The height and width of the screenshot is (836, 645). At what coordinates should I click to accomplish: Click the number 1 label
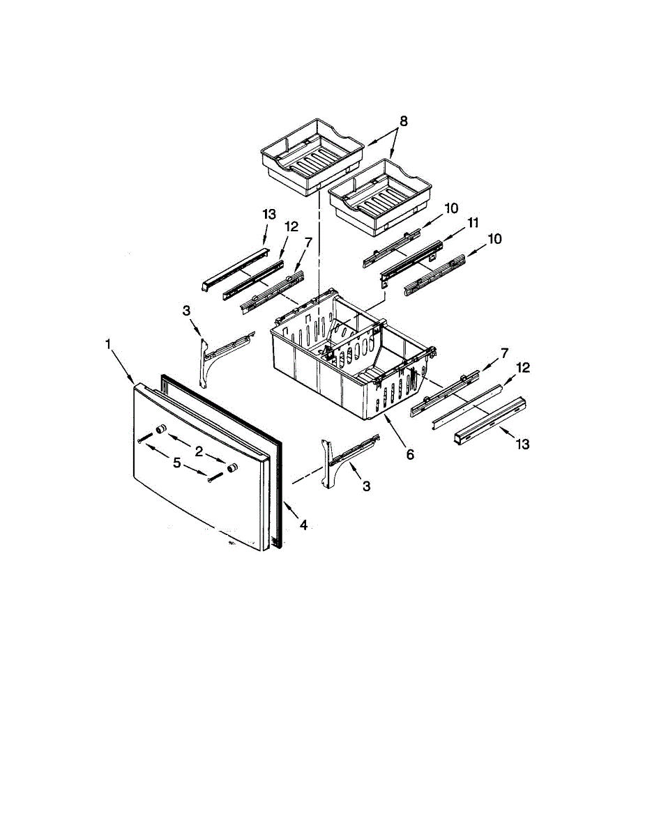[x=109, y=343]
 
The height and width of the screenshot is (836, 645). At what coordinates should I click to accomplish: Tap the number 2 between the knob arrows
[x=199, y=451]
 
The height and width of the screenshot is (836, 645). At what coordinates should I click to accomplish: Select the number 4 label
[x=303, y=525]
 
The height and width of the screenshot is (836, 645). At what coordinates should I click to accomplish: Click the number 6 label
[x=410, y=454]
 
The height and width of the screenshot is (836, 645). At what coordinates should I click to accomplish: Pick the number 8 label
[x=404, y=121]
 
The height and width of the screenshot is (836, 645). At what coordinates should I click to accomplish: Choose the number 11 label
[x=473, y=223]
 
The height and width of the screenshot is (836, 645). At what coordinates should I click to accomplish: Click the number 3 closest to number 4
[x=366, y=486]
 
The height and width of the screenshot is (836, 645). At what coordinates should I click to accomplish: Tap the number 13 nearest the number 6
[x=522, y=443]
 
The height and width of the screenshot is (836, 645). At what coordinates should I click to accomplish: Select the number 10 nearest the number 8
[x=450, y=208]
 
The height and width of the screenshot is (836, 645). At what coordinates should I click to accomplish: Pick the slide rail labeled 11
[x=411, y=259]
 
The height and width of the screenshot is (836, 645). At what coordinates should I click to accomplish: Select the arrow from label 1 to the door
[x=126, y=366]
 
